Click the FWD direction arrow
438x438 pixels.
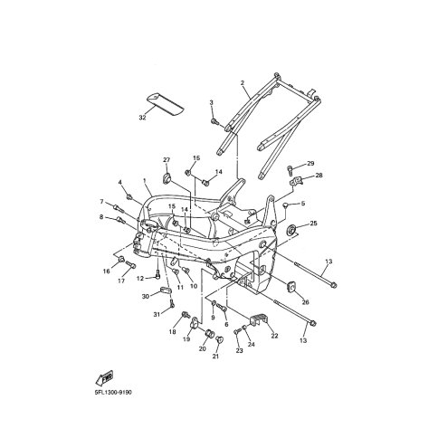click(x=104, y=377)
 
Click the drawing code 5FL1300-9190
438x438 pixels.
click(x=113, y=393)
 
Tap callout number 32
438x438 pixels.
click(x=142, y=118)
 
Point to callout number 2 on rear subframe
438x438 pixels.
click(x=242, y=82)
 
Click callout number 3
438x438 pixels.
click(x=211, y=102)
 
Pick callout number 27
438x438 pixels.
click(x=167, y=160)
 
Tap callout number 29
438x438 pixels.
click(x=310, y=163)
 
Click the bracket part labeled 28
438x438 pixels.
click(x=296, y=182)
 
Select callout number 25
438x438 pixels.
click(x=313, y=224)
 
